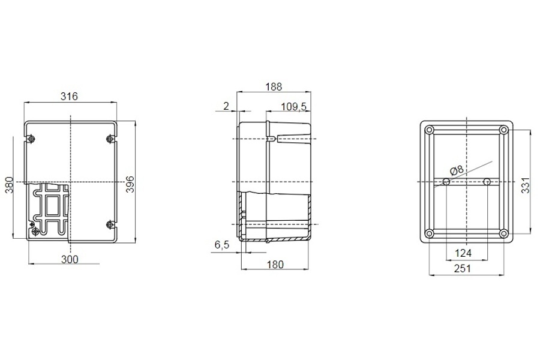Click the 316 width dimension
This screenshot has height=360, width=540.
click(x=69, y=97)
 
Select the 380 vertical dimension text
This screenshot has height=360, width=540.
click(x=10, y=185)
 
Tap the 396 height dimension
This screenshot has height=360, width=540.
click(x=130, y=185)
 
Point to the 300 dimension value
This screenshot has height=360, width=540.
click(x=70, y=259)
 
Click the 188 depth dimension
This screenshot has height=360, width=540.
click(x=274, y=87)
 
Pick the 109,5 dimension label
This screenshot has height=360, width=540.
click(x=294, y=107)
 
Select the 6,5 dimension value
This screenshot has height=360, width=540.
click(x=222, y=245)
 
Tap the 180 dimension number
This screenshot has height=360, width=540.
click(x=275, y=265)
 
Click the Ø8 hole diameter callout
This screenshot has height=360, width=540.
click(x=457, y=170)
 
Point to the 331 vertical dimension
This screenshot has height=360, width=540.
click(x=525, y=185)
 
